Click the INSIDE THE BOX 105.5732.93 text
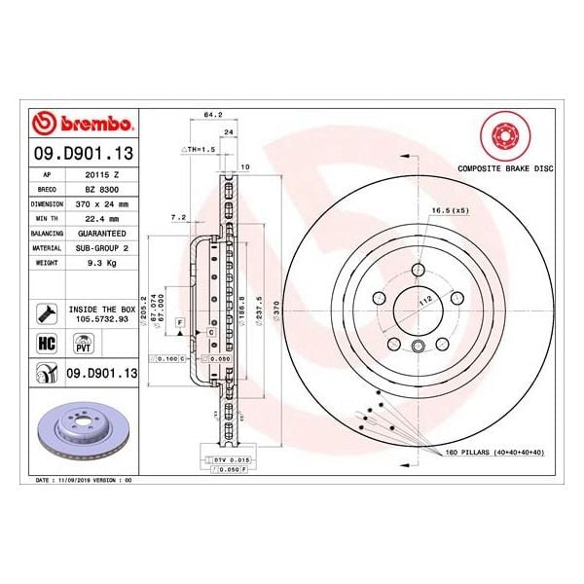[101, 312]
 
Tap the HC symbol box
[45, 342]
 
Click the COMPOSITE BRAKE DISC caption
[505, 168]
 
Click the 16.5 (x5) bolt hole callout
[450, 209]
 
